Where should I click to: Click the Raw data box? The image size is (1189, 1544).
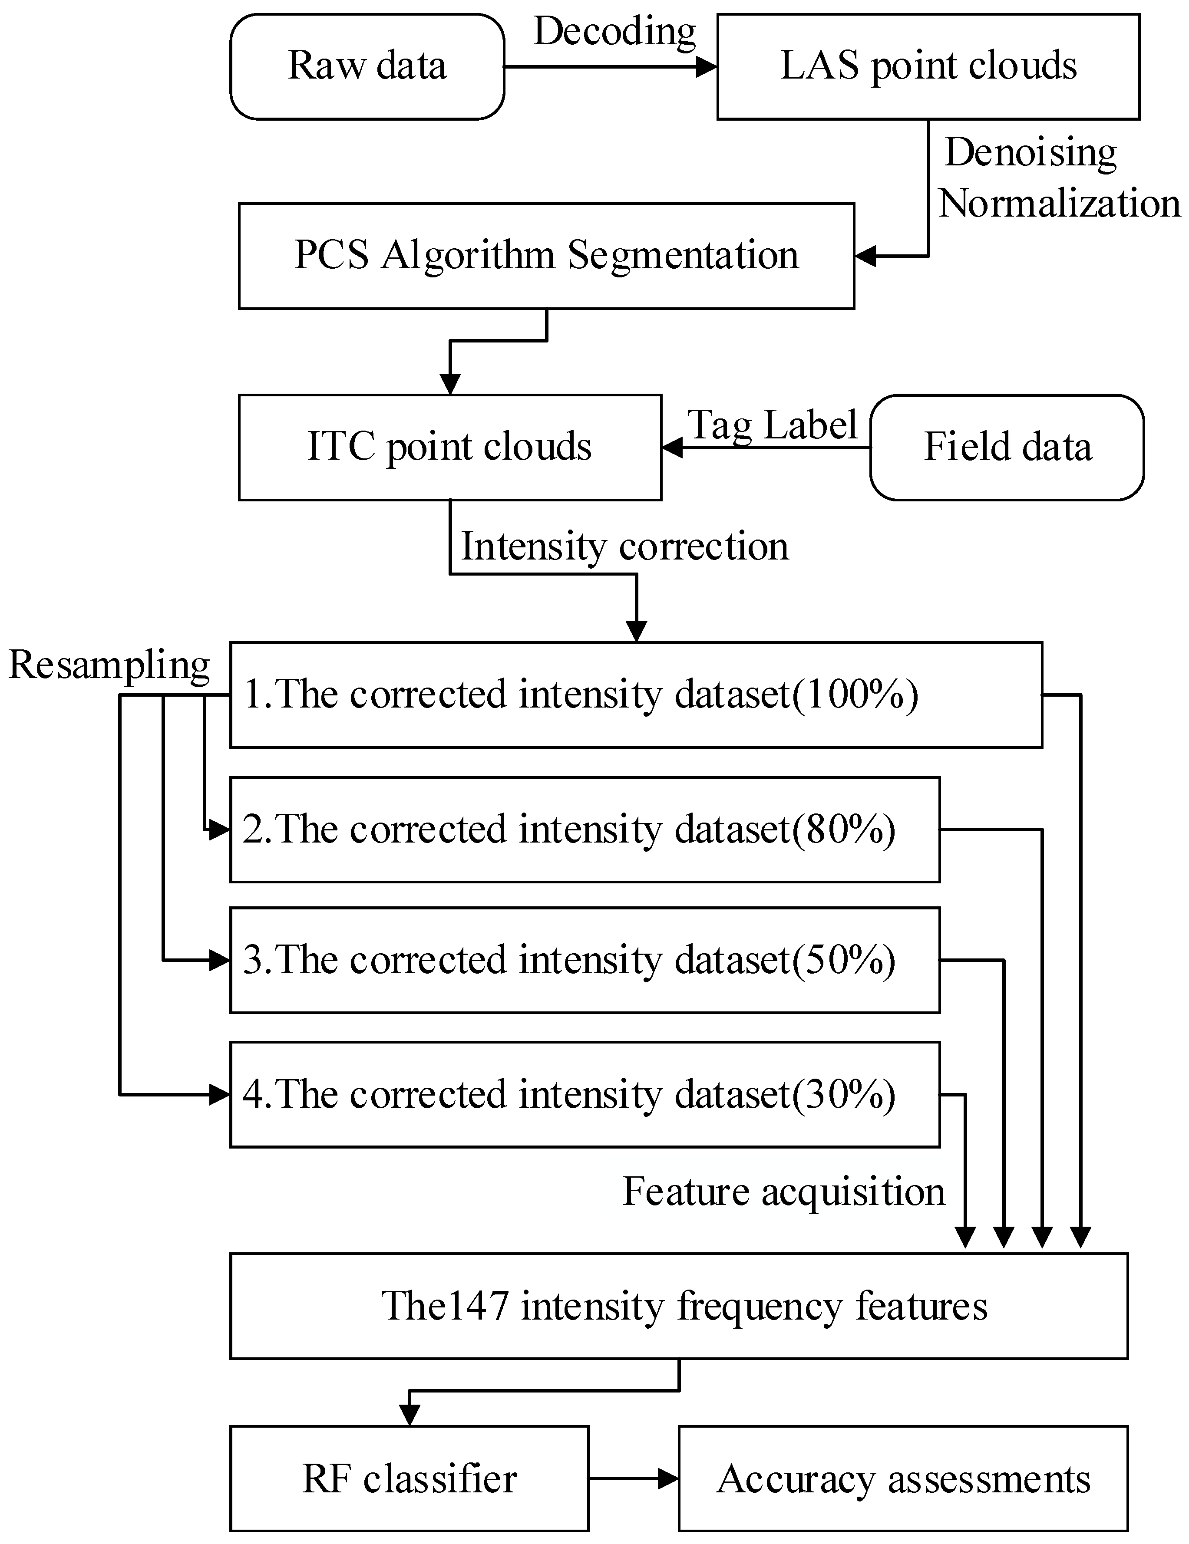(x=367, y=66)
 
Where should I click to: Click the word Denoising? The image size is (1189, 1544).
(x=1030, y=153)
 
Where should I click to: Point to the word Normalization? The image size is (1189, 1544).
(x=1059, y=204)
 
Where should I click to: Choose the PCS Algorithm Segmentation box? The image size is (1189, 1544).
(x=545, y=256)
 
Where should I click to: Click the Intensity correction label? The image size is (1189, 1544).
(x=624, y=546)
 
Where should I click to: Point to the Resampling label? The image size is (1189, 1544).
(x=109, y=665)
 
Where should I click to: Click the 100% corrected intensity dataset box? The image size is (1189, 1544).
(x=635, y=694)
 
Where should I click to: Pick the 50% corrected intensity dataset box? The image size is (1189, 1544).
(x=584, y=960)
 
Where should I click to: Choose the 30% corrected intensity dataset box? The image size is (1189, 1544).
(x=584, y=1094)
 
